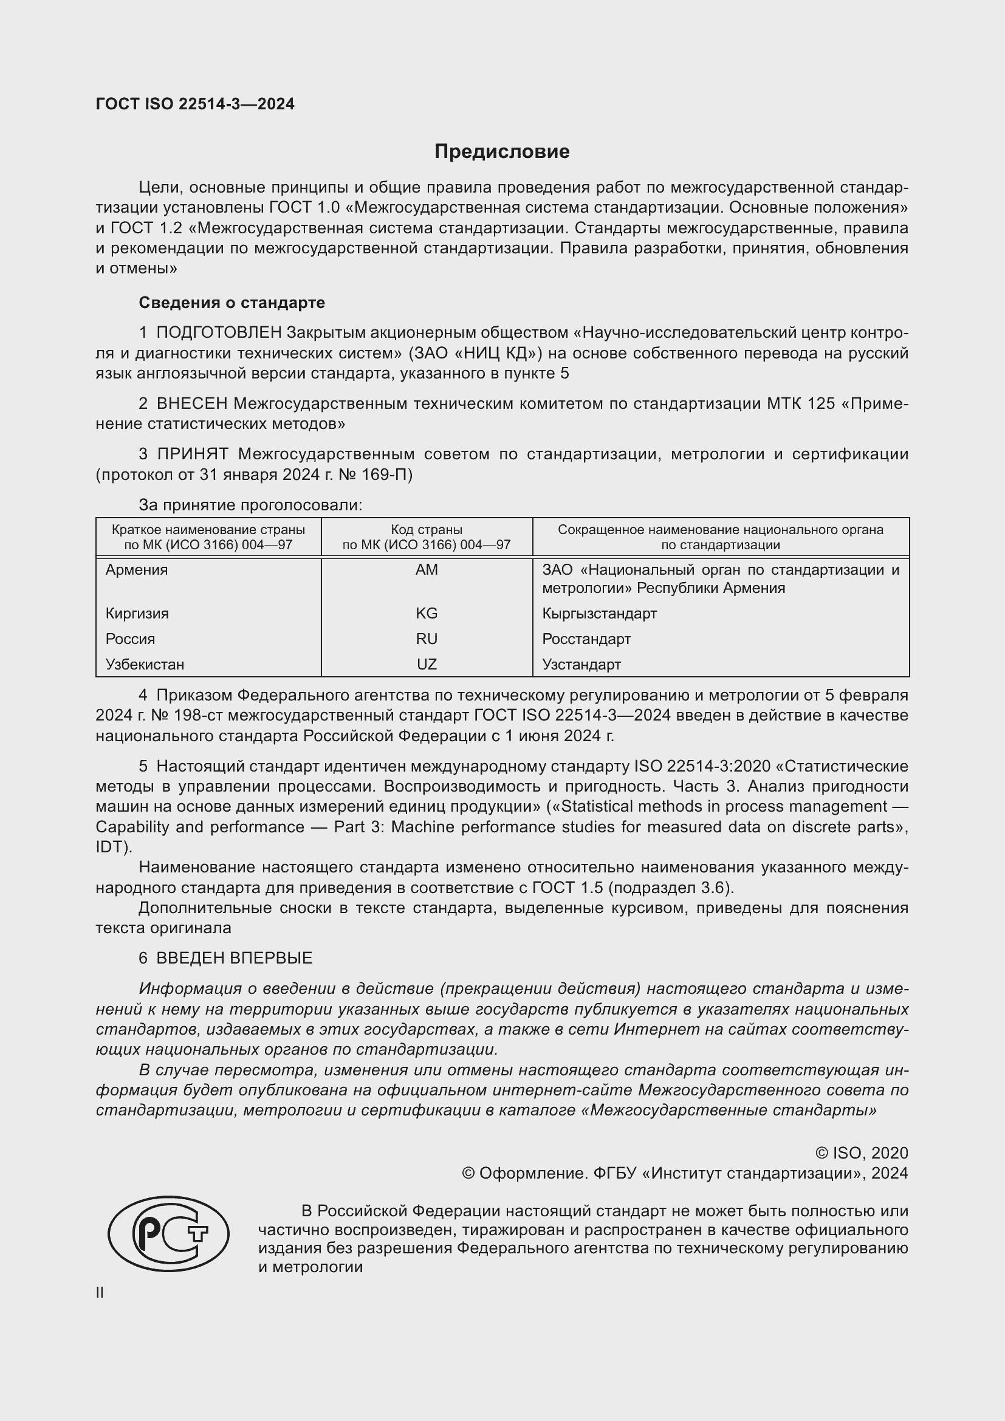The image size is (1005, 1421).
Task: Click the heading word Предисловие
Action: [x=501, y=152]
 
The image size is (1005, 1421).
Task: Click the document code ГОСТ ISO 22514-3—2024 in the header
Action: [x=195, y=104]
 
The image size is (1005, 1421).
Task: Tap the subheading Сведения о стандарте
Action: [x=232, y=303]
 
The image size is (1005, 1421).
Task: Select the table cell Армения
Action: [x=137, y=569]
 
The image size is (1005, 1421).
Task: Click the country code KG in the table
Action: [x=427, y=614]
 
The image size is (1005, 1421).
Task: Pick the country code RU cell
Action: [x=427, y=639]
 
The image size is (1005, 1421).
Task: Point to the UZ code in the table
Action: [x=427, y=664]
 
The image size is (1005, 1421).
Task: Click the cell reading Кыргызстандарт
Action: [x=599, y=614]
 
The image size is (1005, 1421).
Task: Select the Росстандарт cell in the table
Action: [x=586, y=639]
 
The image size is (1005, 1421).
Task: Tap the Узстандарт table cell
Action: [x=581, y=664]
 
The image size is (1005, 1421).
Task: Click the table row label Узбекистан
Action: [x=145, y=664]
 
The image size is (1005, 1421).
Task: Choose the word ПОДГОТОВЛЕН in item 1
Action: [x=219, y=333]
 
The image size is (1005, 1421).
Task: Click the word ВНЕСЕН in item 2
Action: [x=193, y=403]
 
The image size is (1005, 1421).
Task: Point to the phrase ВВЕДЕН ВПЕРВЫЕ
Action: [x=234, y=958]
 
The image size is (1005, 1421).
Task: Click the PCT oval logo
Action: [x=169, y=1233]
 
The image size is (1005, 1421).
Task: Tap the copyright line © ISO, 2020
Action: [x=862, y=1153]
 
